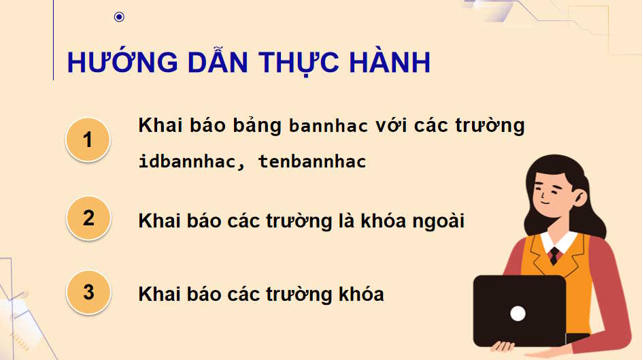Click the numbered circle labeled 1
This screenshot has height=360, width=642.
pyautogui.click(x=88, y=140)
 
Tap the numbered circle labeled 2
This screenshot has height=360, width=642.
pyautogui.click(x=88, y=218)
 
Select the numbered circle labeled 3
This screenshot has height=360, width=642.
pyautogui.click(x=88, y=292)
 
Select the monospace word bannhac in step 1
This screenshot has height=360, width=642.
pyautogui.click(x=328, y=127)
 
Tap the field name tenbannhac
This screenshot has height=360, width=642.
pyautogui.click(x=312, y=162)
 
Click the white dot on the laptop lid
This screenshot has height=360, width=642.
pyautogui.click(x=518, y=314)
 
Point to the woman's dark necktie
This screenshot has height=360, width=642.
pyautogui.click(x=554, y=255)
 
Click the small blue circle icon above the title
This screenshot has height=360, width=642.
pyautogui.click(x=120, y=17)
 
